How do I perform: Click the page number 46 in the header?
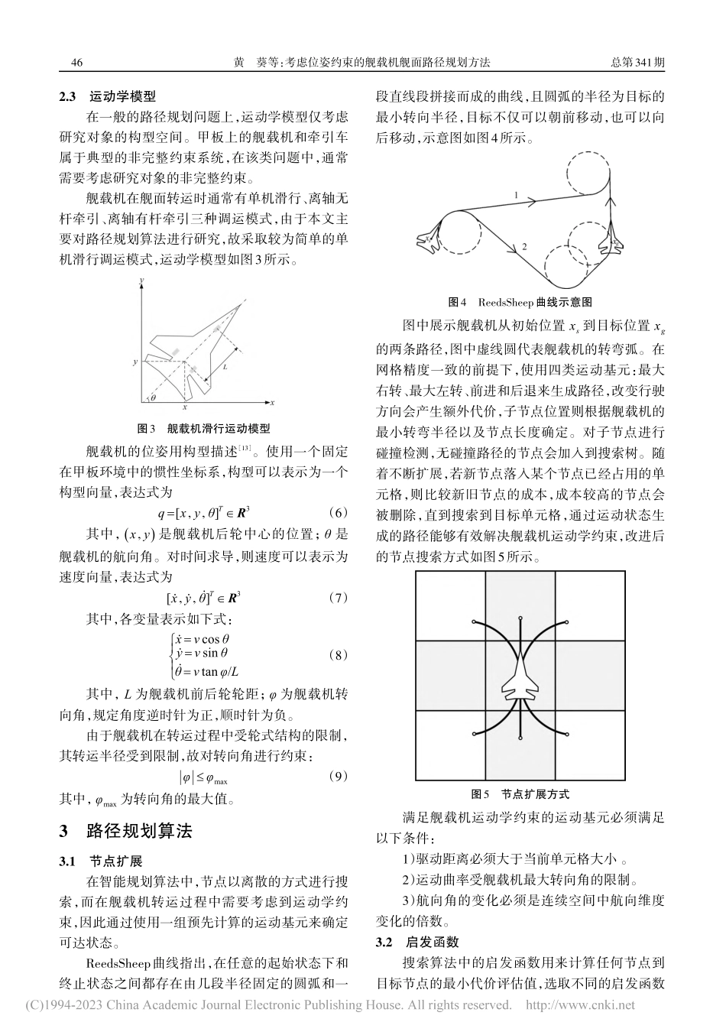point(76,63)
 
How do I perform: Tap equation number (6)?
point(337,511)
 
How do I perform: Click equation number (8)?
point(337,655)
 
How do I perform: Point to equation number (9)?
point(337,777)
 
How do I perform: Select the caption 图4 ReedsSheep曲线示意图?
point(520,302)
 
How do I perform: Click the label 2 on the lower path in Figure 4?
point(524,246)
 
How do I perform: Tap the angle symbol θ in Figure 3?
point(153,397)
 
